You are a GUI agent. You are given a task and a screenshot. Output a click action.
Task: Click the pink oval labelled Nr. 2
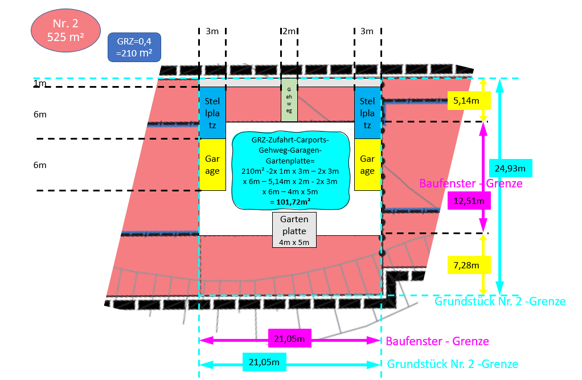[x=65, y=31]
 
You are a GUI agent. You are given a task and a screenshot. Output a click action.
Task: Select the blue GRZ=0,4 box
[x=134, y=47]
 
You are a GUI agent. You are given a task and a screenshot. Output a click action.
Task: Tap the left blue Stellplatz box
[x=212, y=113]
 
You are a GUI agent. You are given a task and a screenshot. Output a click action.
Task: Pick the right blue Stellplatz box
[x=367, y=113]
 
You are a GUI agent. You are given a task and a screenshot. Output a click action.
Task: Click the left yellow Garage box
[x=212, y=165]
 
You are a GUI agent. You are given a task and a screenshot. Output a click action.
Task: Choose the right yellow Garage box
[x=367, y=165]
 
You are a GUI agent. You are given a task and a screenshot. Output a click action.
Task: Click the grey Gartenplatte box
[x=294, y=230]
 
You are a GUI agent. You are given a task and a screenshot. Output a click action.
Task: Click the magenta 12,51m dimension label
[x=469, y=201]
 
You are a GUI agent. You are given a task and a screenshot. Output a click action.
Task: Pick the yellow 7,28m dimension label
[x=470, y=265]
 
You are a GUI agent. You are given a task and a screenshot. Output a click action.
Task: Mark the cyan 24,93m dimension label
[x=510, y=168]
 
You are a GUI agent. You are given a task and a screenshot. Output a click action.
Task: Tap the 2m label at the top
[x=289, y=31]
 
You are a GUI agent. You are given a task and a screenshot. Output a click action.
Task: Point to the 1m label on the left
[x=40, y=84]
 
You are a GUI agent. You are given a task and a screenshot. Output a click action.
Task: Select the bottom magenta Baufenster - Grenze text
[x=437, y=341]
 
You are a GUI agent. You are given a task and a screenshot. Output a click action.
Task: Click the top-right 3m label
[x=367, y=31]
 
